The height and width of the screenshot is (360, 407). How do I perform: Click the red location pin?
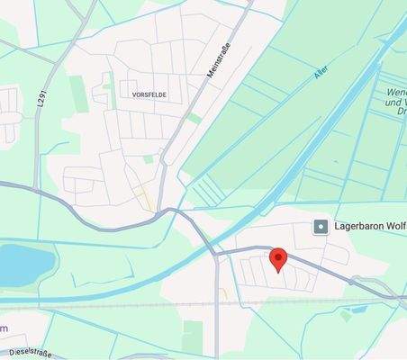278,259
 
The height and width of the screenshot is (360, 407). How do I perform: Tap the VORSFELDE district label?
149,94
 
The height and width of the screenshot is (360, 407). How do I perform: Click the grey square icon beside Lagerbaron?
319,226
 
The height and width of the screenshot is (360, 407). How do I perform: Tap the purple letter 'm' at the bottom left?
4,328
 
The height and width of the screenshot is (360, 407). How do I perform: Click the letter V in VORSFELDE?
134,94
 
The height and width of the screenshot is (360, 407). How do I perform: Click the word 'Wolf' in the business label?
393,226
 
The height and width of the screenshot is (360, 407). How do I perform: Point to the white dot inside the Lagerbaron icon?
319,226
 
